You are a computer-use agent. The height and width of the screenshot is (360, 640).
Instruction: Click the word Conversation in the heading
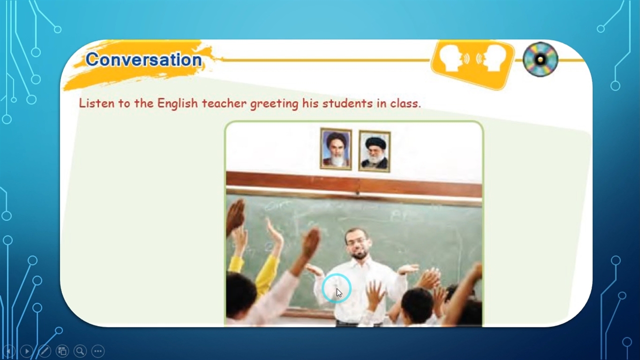[x=143, y=59]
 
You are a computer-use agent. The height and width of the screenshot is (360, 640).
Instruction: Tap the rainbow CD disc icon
[x=540, y=59]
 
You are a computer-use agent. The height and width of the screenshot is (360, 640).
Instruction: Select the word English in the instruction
[x=177, y=103]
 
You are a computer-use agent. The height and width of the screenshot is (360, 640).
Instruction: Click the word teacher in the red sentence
[x=224, y=103]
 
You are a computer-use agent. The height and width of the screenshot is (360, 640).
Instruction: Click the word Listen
[x=96, y=103]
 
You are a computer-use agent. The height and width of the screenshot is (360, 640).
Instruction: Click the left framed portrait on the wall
[x=336, y=149]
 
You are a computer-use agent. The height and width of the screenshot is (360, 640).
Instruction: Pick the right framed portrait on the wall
[x=374, y=151]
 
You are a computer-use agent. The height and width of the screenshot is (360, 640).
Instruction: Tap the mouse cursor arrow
[x=339, y=293]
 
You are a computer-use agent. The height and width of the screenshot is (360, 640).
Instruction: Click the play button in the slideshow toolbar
[x=27, y=351]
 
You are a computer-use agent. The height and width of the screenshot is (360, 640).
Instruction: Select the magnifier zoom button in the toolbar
[x=80, y=351]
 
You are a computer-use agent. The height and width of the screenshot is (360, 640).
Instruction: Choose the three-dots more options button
[x=98, y=351]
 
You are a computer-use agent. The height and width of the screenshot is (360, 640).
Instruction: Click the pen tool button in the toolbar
[x=44, y=351]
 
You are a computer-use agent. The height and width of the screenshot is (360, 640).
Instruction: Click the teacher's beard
[x=358, y=254]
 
